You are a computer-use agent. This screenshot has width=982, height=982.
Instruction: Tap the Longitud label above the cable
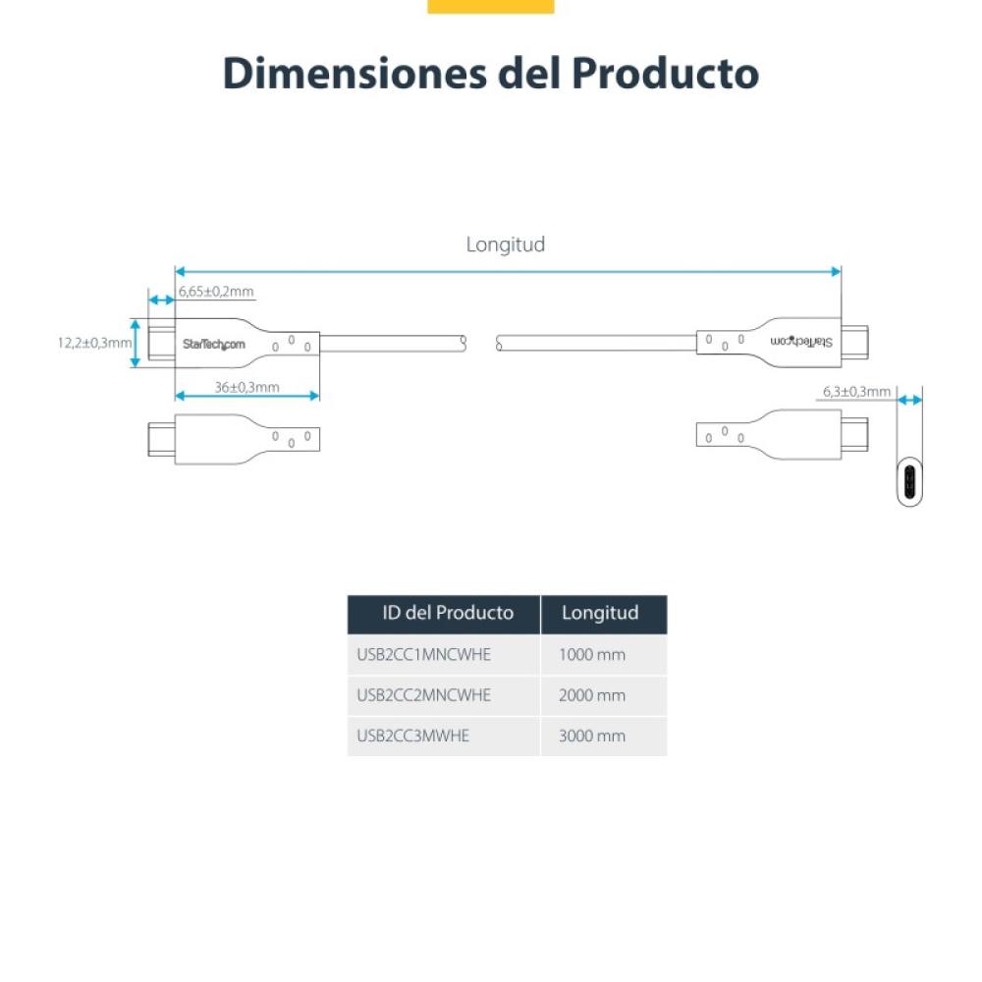(505, 245)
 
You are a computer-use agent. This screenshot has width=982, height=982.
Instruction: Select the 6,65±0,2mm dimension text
(216, 291)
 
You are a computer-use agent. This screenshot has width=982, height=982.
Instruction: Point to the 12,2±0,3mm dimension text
(94, 343)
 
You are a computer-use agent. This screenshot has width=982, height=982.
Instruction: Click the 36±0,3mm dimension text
(247, 387)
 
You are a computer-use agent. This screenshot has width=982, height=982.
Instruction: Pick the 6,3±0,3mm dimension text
(856, 392)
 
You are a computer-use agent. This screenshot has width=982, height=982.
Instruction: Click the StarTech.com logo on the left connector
(213, 344)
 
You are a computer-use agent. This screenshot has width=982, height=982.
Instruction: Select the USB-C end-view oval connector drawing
(910, 481)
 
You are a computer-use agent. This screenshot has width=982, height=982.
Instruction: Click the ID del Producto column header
(448, 614)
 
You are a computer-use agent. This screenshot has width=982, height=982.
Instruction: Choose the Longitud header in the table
(600, 614)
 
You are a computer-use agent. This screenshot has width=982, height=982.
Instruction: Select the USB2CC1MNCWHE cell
(424, 654)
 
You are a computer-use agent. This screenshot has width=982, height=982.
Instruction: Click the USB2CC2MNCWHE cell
(424, 695)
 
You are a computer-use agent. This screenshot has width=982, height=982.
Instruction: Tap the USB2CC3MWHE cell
(413, 736)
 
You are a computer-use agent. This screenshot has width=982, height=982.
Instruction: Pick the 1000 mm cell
(591, 654)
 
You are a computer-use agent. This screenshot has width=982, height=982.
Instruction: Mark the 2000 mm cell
(591, 695)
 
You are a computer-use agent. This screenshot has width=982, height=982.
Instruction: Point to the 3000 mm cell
(591, 736)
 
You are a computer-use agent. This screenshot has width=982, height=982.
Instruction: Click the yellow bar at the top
(491, 6)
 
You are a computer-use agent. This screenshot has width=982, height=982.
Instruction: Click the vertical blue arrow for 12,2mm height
(136, 343)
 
